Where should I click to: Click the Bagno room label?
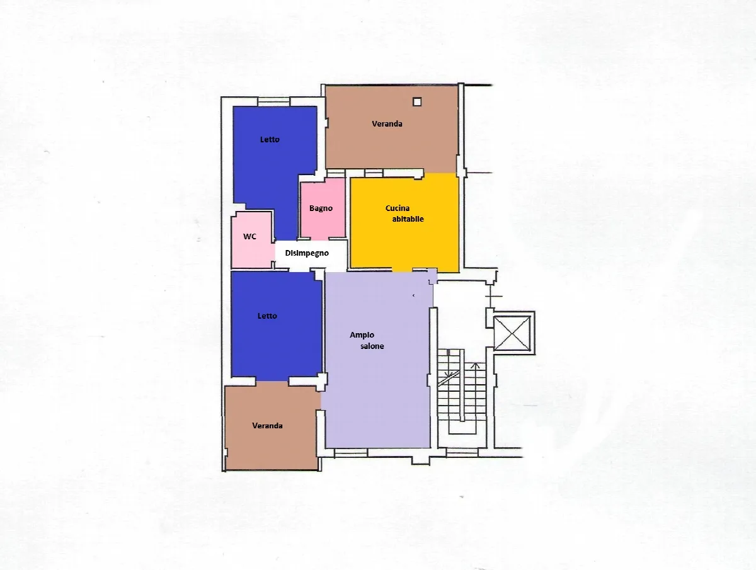[x=321, y=208]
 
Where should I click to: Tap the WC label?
[x=249, y=236]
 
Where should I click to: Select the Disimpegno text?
[x=307, y=253]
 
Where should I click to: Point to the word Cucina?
[x=398, y=208]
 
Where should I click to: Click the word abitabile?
[x=408, y=219]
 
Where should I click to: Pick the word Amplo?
[x=362, y=335]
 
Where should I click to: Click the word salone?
[x=372, y=346]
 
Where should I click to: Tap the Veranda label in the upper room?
[x=387, y=123]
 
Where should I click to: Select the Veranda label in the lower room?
[x=267, y=426]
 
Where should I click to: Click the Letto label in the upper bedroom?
[x=270, y=139]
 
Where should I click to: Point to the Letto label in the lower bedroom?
[x=267, y=316]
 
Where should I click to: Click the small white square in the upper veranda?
[x=417, y=102]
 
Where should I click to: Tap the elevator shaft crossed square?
[x=512, y=334]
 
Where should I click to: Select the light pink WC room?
[x=253, y=239]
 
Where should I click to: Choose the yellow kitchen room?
[x=404, y=222]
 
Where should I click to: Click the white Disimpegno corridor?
[x=311, y=256]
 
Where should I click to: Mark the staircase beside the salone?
[x=462, y=390]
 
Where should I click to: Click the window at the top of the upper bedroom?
[x=274, y=101]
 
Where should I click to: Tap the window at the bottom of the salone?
[x=351, y=453]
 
